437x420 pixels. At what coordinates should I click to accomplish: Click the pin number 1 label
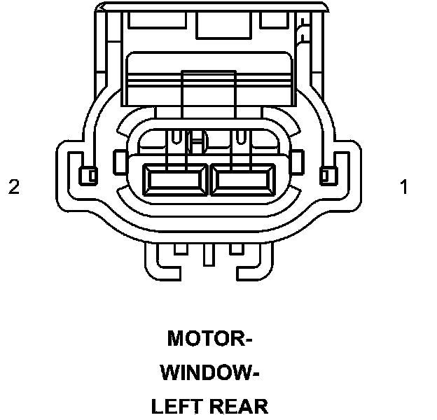click(x=404, y=188)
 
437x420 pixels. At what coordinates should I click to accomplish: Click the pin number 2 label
click(x=14, y=188)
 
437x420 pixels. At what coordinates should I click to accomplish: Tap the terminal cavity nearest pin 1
click(x=244, y=181)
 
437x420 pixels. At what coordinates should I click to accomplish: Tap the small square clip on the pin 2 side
click(x=89, y=174)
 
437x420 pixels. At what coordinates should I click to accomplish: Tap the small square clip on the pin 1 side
click(x=326, y=174)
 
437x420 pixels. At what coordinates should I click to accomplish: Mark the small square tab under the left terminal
click(x=180, y=248)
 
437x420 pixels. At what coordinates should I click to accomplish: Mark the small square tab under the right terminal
click(x=237, y=248)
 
